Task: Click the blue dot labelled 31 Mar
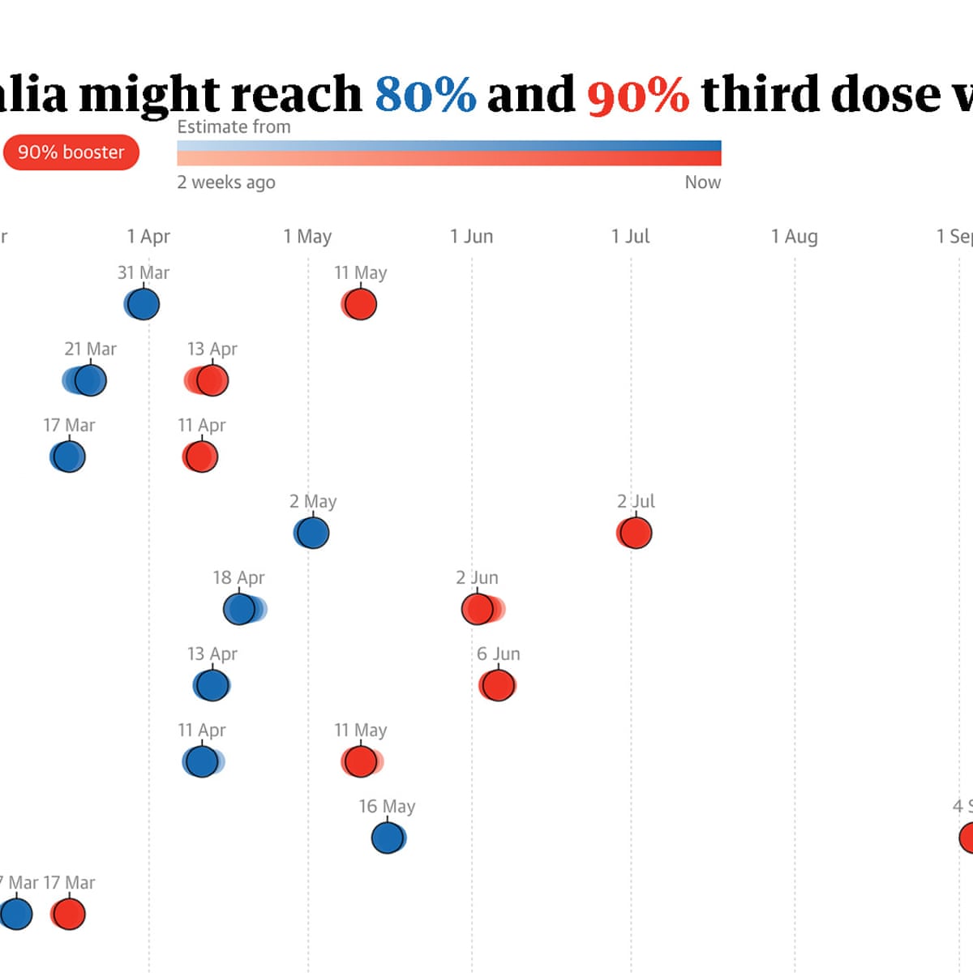[144, 305]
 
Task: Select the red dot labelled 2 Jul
[634, 534]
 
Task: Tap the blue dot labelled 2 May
[312, 534]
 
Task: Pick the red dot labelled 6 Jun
[498, 686]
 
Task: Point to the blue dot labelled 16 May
[388, 838]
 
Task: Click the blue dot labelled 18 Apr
[240, 609]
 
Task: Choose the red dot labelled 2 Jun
[478, 609]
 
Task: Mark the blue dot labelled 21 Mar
[90, 380]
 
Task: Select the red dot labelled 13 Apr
[212, 380]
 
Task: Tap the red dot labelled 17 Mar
[69, 914]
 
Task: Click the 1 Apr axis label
[148, 237]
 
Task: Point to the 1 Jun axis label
[471, 237]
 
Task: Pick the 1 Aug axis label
[794, 237]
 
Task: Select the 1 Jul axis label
[630, 237]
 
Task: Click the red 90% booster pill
[71, 152]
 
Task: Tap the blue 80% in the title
[425, 94]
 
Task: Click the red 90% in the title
[638, 94]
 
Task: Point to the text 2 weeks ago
[226, 182]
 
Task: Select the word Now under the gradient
[702, 182]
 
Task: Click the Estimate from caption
[234, 127]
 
